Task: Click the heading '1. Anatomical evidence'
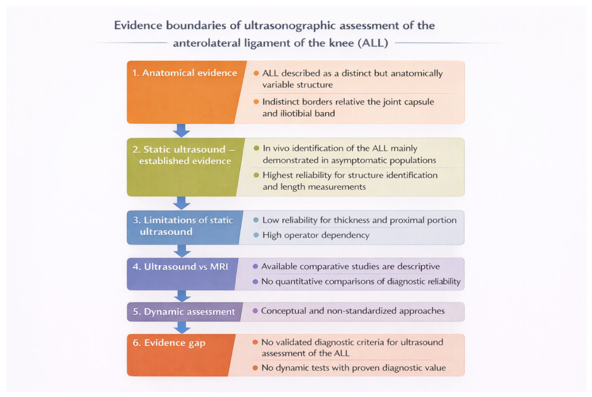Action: tap(184, 73)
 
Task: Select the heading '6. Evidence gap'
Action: tap(169, 343)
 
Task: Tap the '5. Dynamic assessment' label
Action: tap(184, 312)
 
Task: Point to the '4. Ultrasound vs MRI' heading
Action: tap(180, 267)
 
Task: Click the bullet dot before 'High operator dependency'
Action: tap(256, 235)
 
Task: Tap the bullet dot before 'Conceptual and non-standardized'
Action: tap(255, 311)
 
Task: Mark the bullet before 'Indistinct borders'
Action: tap(256, 102)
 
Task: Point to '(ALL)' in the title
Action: tap(373, 43)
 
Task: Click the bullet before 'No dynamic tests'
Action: tap(255, 368)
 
